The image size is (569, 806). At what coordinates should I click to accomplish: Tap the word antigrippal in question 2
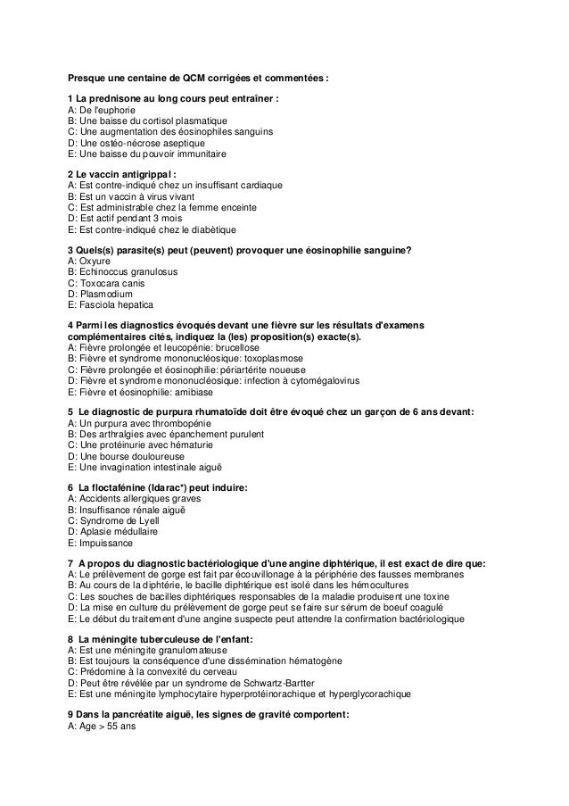pos(144,174)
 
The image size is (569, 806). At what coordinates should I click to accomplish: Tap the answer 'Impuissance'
pos(103,542)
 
